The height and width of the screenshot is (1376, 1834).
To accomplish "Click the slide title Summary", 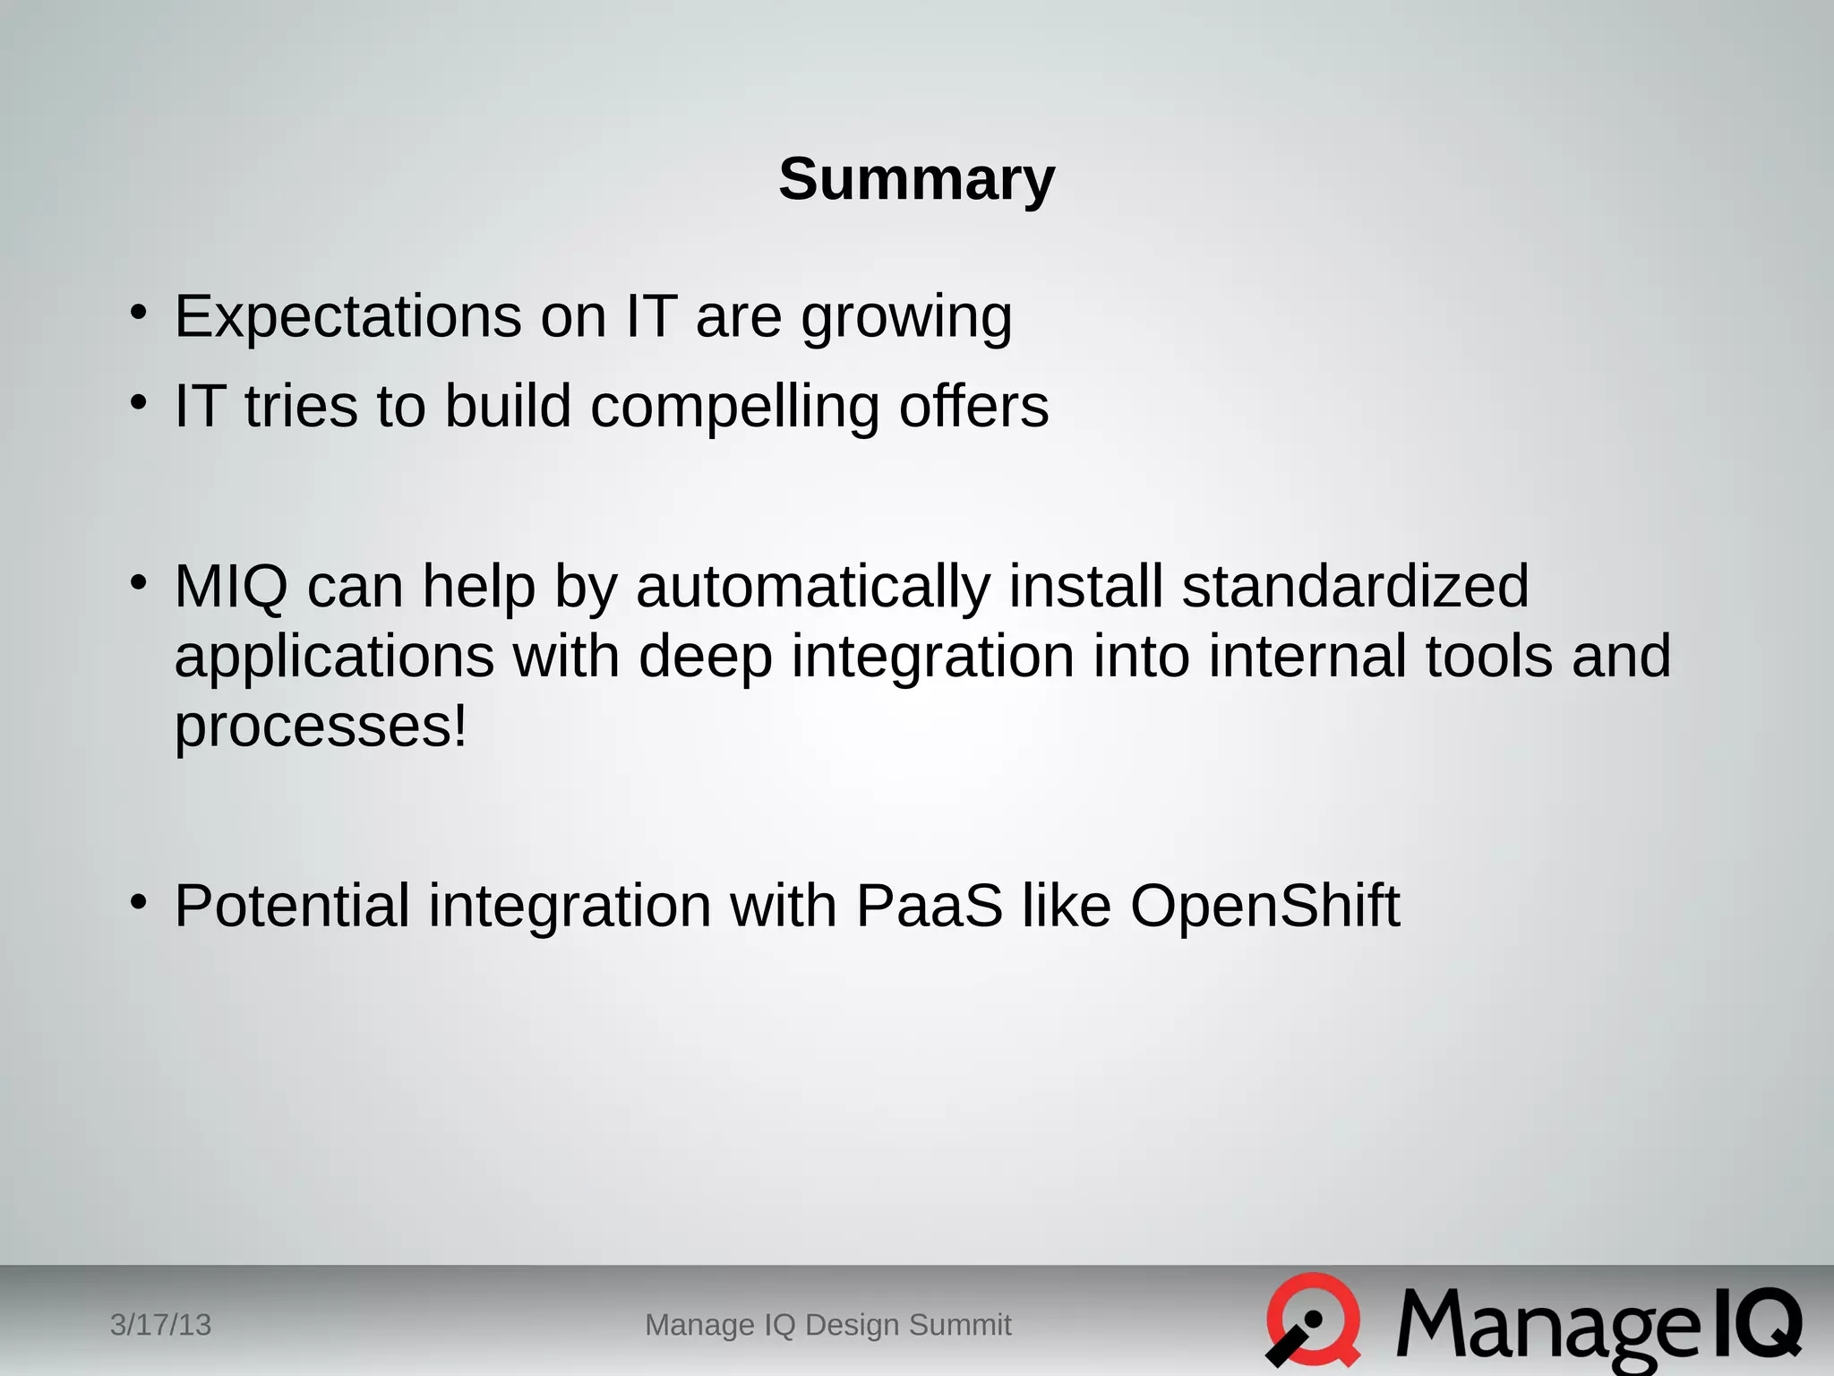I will click(916, 179).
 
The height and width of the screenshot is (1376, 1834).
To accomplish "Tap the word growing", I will click(906, 319).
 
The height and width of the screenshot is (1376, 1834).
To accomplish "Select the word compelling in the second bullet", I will click(734, 408).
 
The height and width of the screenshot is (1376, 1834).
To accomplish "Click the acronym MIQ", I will click(231, 587).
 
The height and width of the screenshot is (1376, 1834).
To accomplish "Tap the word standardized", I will click(1355, 586).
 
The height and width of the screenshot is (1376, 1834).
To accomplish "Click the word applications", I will click(333, 657).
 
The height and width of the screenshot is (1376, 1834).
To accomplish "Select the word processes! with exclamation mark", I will click(321, 727).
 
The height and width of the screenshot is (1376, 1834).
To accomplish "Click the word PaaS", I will click(929, 906).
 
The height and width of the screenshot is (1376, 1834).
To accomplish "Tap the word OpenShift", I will click(1264, 906).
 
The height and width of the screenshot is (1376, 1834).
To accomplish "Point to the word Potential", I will click(292, 906).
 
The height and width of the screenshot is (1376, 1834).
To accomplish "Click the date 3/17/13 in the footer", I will click(160, 1325).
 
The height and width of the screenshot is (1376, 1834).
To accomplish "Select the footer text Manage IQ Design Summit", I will click(827, 1325).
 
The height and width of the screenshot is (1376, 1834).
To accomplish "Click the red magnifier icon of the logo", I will click(1313, 1320).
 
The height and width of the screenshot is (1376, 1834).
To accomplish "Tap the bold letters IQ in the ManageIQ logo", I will click(1756, 1324).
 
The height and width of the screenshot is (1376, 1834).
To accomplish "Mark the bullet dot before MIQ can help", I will click(138, 582).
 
